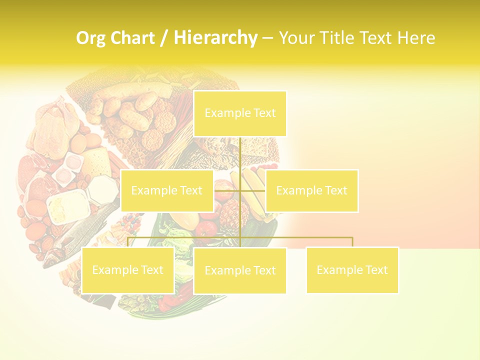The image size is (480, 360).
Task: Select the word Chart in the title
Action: coord(131,38)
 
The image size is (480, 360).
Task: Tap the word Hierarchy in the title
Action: coord(215,38)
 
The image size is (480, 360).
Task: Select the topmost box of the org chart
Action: coord(240,113)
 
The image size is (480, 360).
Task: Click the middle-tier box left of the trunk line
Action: coord(167,190)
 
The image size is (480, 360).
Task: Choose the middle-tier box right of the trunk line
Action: coord(311,190)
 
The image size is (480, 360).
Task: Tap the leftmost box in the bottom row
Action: coord(128,270)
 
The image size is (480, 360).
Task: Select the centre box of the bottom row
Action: coord(240,270)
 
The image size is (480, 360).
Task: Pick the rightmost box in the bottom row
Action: coord(352,270)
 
